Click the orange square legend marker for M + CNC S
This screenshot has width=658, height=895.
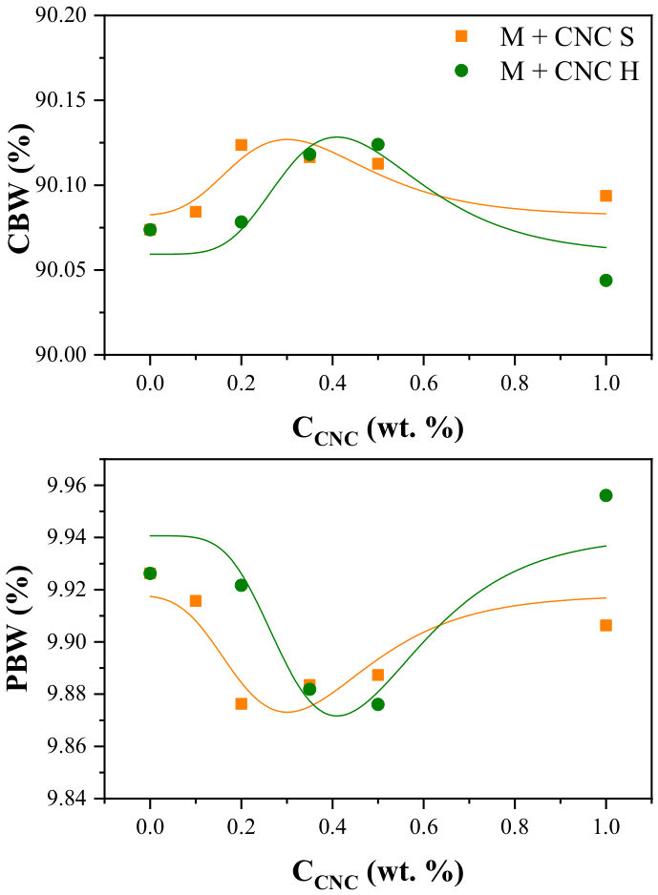(x=461, y=36)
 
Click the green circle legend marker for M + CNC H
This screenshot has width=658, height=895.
(x=461, y=71)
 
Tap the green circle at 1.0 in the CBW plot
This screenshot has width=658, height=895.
(x=606, y=281)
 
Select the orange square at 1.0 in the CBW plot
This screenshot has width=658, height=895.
(x=606, y=196)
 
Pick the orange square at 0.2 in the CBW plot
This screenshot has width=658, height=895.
(x=241, y=145)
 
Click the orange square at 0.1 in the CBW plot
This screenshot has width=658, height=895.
(x=196, y=212)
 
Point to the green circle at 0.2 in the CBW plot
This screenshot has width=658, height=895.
(x=241, y=221)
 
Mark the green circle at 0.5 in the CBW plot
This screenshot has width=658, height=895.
(x=377, y=144)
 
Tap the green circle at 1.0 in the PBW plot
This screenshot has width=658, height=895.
(x=606, y=495)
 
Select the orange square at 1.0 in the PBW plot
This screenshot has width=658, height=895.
(x=606, y=626)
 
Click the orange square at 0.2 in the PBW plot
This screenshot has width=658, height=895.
(x=241, y=704)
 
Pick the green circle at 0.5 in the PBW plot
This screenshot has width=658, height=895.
(x=377, y=704)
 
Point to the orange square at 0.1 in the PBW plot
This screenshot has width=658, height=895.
(x=196, y=601)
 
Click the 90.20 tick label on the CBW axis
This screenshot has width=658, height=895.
(x=61, y=15)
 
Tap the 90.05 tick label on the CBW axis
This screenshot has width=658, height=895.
(x=61, y=269)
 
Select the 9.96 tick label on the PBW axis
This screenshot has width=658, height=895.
(x=66, y=485)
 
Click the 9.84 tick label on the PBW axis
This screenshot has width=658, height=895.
(x=66, y=798)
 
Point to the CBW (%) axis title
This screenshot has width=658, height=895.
(x=21, y=188)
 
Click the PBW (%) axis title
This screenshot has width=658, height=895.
(x=19, y=629)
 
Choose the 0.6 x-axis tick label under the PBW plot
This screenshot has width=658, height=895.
(x=423, y=826)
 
